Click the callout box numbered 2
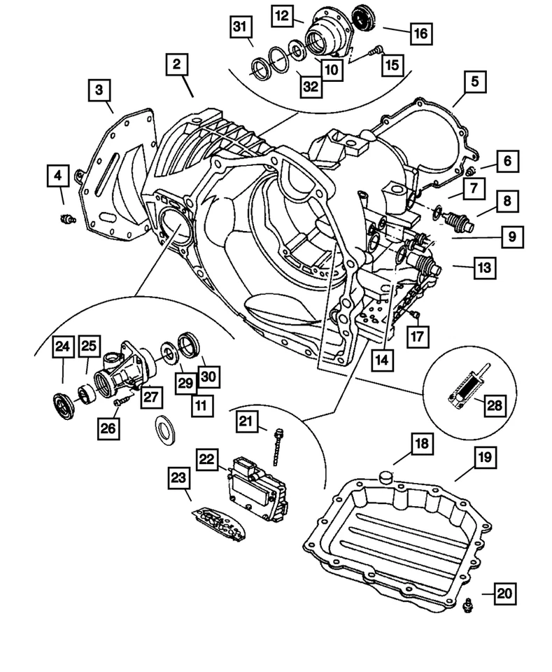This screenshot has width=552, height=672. click(177, 65)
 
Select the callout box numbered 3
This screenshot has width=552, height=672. click(100, 90)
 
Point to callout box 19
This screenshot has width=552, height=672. click(486, 458)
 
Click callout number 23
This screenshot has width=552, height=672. click(178, 479)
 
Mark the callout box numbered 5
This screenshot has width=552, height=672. click(474, 82)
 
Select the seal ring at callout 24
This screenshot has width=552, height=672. click(64, 405)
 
